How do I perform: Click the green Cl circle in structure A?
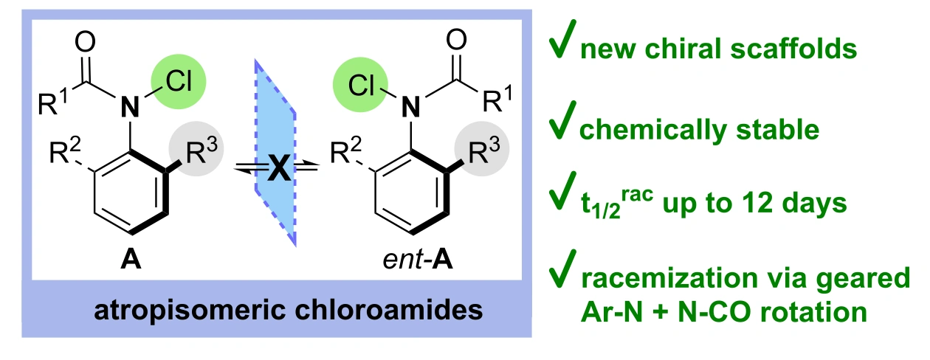(x=179, y=82)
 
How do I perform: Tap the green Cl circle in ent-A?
(x=360, y=85)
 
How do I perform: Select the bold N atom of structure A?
(x=130, y=106)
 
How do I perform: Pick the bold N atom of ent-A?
(x=411, y=106)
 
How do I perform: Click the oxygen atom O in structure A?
(x=85, y=42)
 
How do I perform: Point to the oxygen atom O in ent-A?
(x=456, y=40)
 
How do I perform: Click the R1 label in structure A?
(x=52, y=101)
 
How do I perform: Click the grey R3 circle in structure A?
(x=196, y=149)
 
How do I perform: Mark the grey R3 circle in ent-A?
(x=482, y=149)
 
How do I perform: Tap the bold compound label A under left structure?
(x=131, y=260)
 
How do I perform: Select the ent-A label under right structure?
(x=418, y=260)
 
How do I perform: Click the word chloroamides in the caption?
(x=388, y=311)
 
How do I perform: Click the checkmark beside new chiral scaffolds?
(x=562, y=38)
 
